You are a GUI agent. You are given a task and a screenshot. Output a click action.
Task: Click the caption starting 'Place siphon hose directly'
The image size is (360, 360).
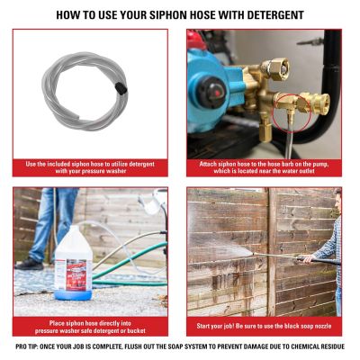click(90, 326)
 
